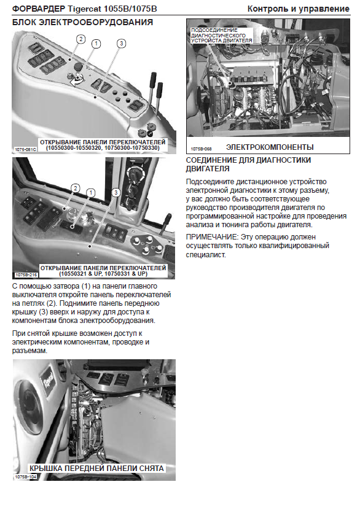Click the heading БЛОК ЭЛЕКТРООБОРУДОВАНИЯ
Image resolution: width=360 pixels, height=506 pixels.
(x=82, y=22)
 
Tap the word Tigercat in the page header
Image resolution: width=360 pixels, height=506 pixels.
(x=84, y=9)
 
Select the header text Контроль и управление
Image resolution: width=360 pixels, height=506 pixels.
(x=299, y=9)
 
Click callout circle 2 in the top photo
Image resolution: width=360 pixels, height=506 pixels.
(x=80, y=39)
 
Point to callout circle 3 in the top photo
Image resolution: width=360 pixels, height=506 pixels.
(x=121, y=44)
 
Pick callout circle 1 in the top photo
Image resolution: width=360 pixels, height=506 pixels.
(x=96, y=44)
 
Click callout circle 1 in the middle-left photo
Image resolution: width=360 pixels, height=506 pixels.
(x=91, y=193)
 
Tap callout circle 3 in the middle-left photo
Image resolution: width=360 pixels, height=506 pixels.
(x=116, y=193)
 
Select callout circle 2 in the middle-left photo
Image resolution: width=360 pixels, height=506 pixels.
(x=76, y=189)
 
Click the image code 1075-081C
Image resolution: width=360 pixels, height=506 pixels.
(x=26, y=149)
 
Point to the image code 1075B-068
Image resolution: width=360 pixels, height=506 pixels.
(x=201, y=149)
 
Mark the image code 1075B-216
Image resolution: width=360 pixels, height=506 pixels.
(x=26, y=275)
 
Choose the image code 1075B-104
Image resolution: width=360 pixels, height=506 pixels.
(x=26, y=477)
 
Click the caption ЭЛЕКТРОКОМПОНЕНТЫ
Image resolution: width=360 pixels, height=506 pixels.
(x=270, y=147)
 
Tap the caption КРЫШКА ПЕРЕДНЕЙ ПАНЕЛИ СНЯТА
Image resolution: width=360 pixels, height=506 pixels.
(x=97, y=469)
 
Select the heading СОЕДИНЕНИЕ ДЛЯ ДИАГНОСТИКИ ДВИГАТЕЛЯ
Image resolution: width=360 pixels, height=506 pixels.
(x=248, y=164)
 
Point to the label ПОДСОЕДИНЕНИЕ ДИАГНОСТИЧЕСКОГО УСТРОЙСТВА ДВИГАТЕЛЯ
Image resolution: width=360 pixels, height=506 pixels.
(x=222, y=36)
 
